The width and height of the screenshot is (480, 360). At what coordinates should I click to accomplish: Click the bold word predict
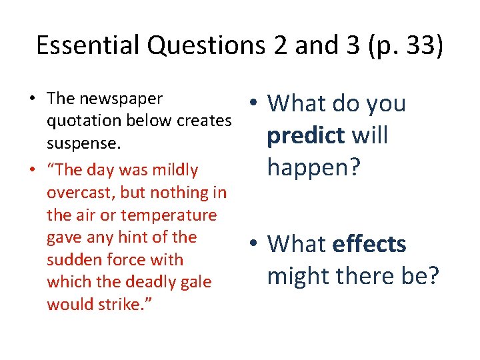pyautogui.click(x=305, y=136)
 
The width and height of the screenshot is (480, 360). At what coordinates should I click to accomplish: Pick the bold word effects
pyautogui.click(x=369, y=244)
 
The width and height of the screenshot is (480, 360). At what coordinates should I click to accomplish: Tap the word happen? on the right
pyautogui.click(x=313, y=167)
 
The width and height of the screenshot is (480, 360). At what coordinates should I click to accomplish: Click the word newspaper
pyautogui.click(x=121, y=99)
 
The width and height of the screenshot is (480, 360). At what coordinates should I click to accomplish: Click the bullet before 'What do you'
pyautogui.click(x=255, y=102)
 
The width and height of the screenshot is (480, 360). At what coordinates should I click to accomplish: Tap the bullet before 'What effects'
pyautogui.click(x=255, y=243)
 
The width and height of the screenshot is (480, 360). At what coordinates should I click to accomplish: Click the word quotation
pyautogui.click(x=82, y=121)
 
